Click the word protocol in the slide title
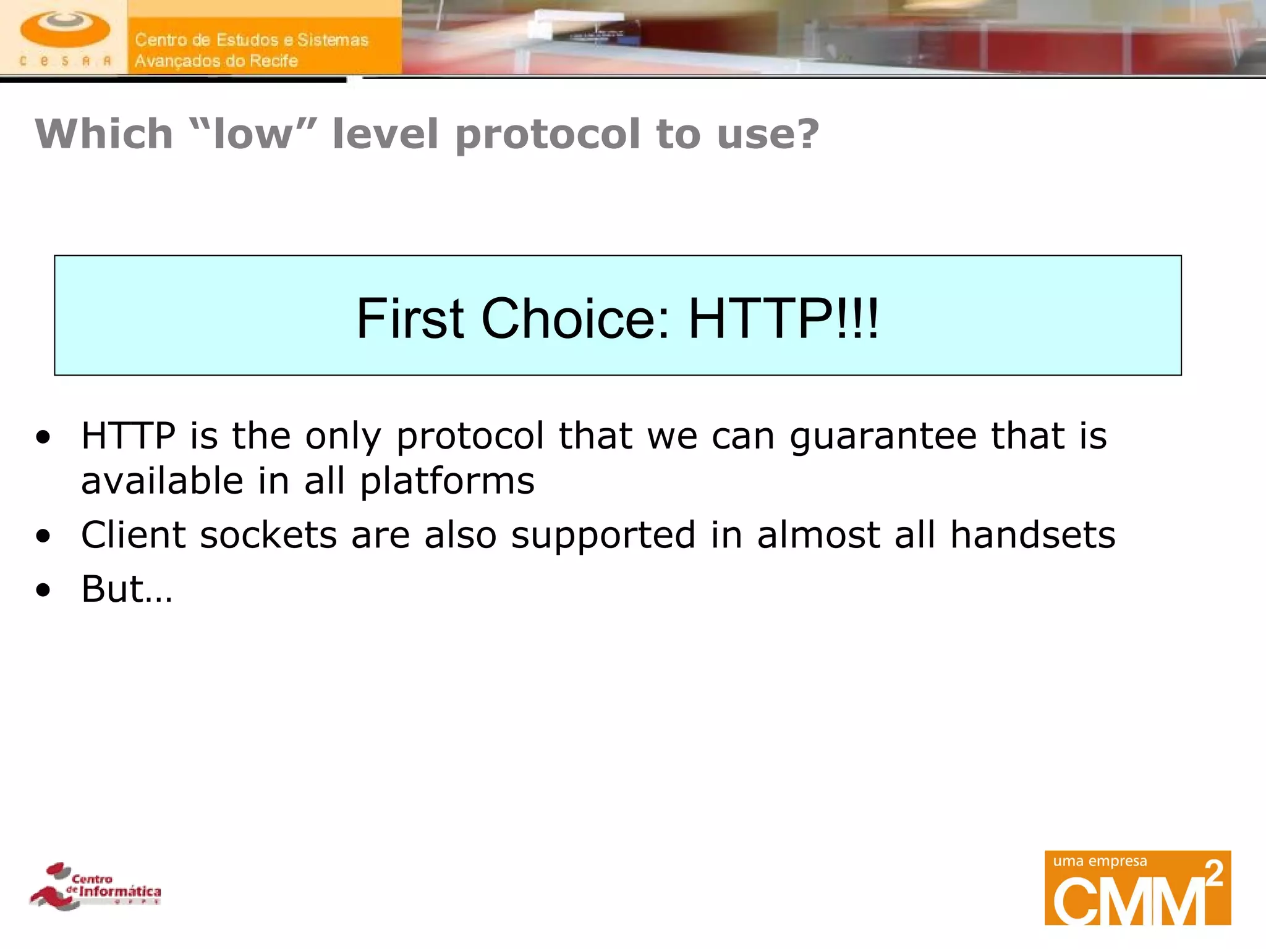[548, 134]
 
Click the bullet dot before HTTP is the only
[43, 438]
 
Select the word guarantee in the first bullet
[883, 437]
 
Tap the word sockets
[268, 534]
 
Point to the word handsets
[1032, 534]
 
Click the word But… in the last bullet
[127, 589]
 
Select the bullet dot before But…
[43, 591]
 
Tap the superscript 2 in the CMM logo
[1214, 874]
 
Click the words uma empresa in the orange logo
[1100, 861]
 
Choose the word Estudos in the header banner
[245, 40]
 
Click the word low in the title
[252, 134]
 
